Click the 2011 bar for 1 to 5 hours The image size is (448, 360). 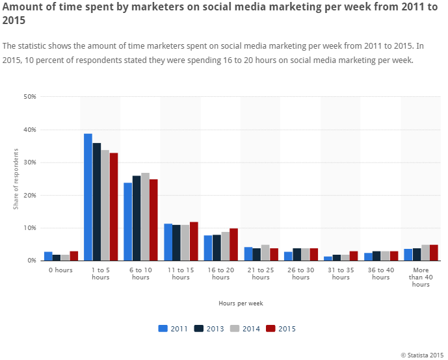point(88,197)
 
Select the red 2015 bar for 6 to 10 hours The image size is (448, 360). point(153,220)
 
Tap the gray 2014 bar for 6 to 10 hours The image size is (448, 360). point(145,216)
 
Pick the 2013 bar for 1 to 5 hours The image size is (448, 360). point(97,202)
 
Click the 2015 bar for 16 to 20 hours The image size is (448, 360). point(233,244)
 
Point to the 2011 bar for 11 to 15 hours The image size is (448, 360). point(168,242)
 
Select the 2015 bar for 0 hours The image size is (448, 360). point(73,256)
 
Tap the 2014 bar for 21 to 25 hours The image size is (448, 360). point(265,253)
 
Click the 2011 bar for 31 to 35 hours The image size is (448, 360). point(328,259)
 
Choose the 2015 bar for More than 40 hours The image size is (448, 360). point(434,253)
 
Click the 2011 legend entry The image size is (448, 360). point(173,329)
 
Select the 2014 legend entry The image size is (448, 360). point(245,329)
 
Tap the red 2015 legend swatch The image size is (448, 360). point(270,329)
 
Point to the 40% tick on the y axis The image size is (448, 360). point(30,129)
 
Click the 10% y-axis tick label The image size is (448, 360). point(30,228)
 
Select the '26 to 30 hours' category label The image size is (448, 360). point(300,274)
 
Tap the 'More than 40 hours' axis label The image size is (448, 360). point(421,277)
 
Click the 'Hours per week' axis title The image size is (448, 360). point(241,303)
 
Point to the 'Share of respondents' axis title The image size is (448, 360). point(16,179)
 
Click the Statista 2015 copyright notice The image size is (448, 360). point(422,355)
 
